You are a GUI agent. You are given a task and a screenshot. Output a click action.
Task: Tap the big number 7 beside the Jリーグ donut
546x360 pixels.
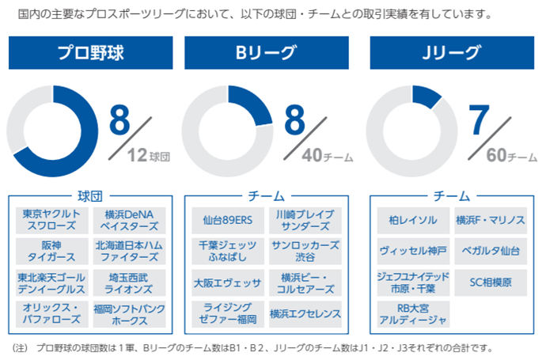[480, 118]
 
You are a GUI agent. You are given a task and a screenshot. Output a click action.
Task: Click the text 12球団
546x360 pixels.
[149, 156]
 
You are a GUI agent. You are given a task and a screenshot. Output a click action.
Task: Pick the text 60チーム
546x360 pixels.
[511, 156]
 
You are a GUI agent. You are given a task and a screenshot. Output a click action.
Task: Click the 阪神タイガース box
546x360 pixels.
[52, 251]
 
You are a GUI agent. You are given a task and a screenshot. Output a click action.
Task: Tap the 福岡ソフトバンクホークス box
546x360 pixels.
[129, 314]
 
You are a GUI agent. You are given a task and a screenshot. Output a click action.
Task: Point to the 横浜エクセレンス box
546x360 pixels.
[305, 313]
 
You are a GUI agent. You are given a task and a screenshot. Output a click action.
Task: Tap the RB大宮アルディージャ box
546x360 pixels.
[411, 313]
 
